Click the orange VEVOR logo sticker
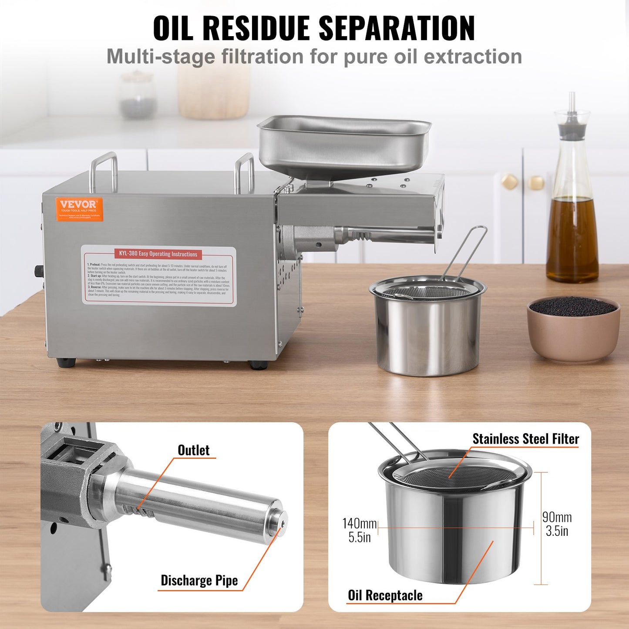(79, 209)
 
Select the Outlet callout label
(194, 450)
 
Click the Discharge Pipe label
(199, 580)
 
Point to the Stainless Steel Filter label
(525, 439)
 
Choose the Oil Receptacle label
(385, 595)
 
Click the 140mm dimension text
(359, 523)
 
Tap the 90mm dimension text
(557, 517)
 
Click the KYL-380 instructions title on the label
(158, 254)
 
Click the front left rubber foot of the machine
(66, 363)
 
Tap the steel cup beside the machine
(428, 331)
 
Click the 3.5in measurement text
(557, 531)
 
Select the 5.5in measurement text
(359, 537)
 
